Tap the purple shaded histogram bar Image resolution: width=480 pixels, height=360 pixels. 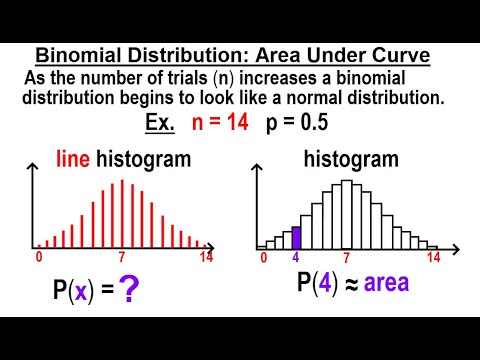[296, 236]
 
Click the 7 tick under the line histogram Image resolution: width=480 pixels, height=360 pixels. [121, 258]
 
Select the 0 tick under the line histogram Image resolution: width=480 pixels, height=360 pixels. [38, 257]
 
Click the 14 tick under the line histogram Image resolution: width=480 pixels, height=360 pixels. [205, 257]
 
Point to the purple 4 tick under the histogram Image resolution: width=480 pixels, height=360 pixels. [296, 258]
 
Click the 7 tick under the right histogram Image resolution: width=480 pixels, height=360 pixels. [347, 258]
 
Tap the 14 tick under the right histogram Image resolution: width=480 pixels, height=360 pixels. [434, 257]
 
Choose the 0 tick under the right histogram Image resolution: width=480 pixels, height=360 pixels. [264, 258]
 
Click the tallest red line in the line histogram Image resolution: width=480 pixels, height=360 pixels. [122, 213]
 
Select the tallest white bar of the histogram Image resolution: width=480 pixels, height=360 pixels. [347, 213]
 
